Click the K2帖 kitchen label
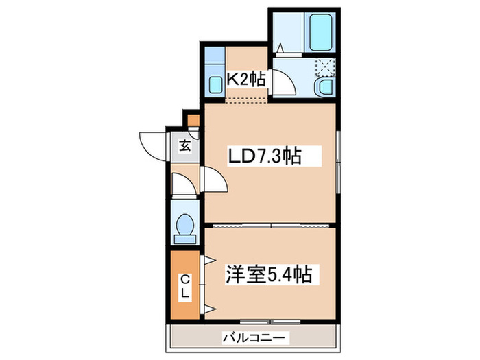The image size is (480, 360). click(245, 80)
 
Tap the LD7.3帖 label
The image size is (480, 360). click(264, 157)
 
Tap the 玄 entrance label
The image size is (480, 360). click(185, 145)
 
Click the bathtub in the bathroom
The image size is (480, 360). click(320, 29)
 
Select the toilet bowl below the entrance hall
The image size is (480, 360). click(184, 226)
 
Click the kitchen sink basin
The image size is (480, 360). click(215, 85)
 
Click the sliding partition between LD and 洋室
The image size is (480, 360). click(271, 225)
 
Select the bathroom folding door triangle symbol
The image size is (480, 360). click(281, 47)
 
